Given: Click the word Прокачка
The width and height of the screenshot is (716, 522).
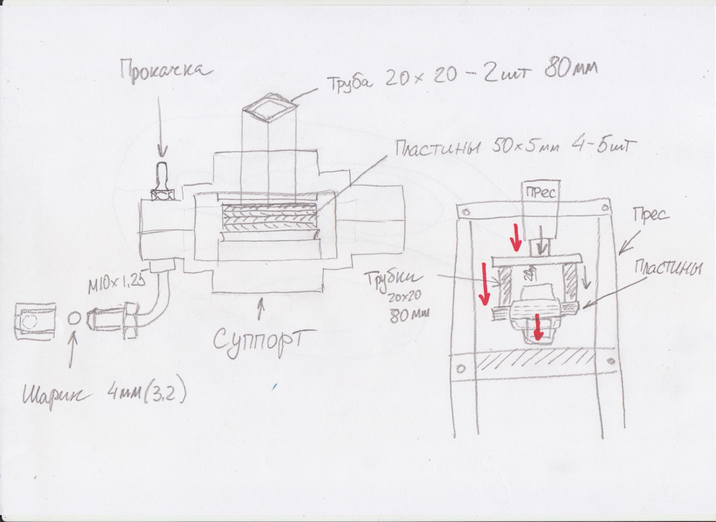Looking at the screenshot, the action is point(166,72).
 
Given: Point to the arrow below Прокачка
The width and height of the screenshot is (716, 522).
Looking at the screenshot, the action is point(160,127).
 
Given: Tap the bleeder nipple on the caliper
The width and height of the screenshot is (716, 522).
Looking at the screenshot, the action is point(162,182).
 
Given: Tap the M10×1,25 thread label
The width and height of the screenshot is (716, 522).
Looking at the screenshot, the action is point(116,285).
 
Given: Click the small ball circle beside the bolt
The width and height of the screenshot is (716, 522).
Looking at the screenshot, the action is point(74,318).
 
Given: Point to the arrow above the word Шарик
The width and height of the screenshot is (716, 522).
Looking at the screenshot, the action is point(72,350).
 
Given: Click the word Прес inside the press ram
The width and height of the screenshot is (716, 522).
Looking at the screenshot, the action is point(541,192).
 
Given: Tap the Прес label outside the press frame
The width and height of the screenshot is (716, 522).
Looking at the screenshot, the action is point(650,215).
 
